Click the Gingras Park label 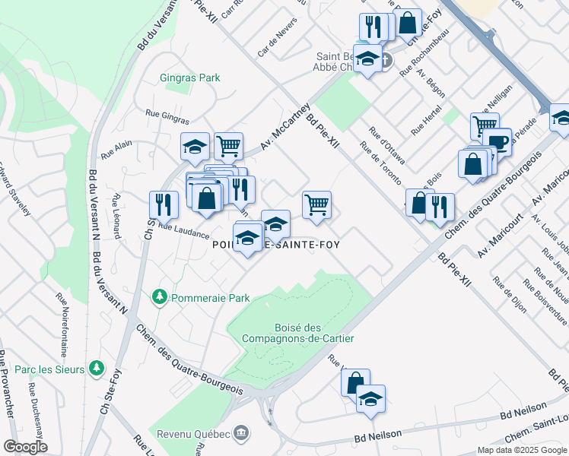(x=190, y=78)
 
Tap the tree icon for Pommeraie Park (x=159, y=296)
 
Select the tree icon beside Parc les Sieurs (x=96, y=368)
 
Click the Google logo (x=25, y=446)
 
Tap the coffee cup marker (x=497, y=141)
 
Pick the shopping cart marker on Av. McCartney (x=228, y=144)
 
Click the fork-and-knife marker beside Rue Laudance (x=164, y=204)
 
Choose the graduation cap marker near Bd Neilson (x=370, y=398)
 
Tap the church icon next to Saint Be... (x=386, y=60)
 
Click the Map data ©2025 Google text (x=521, y=450)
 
